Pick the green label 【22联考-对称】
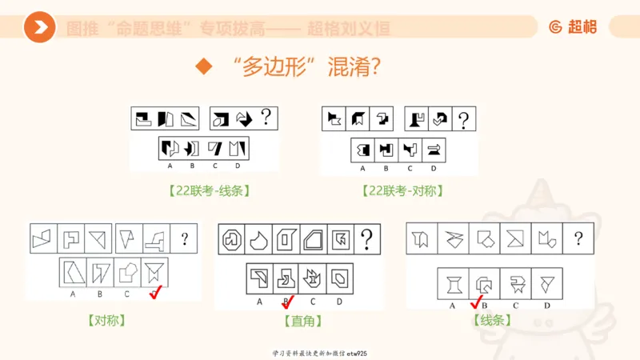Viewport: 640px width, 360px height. pos(402,190)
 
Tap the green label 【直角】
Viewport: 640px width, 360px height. pos(298,321)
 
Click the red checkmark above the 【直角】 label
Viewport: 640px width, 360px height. pos(288,302)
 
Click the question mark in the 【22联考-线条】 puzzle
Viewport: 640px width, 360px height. pos(266,118)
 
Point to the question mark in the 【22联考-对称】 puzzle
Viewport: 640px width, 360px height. pos(462,119)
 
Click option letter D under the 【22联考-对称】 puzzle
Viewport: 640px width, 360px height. pos(434,168)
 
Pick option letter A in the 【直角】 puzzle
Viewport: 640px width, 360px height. pos(259,301)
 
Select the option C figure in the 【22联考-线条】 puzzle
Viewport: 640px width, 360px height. pos(214,148)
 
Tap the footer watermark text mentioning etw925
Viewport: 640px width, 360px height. pos(319,353)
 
